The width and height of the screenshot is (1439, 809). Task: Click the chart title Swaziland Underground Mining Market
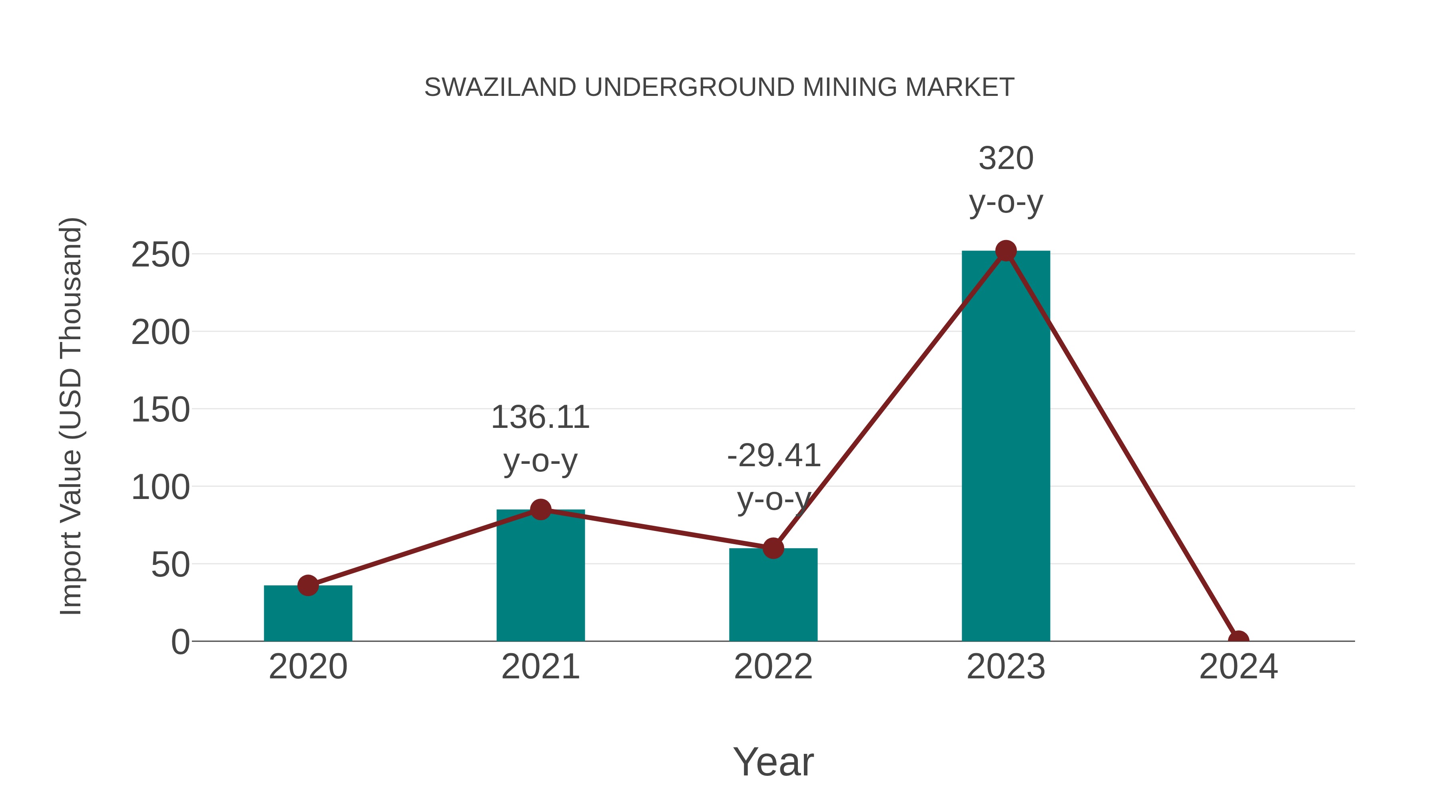pyautogui.click(x=719, y=87)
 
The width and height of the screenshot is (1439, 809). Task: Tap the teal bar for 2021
pyautogui.click(x=540, y=580)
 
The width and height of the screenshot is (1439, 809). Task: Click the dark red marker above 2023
pyautogui.click(x=1006, y=251)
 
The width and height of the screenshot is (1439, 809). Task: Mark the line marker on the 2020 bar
pyautogui.click(x=308, y=585)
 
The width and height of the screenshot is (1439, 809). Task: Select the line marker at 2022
pyautogui.click(x=773, y=548)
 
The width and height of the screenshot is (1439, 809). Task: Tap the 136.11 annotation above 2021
pyautogui.click(x=540, y=417)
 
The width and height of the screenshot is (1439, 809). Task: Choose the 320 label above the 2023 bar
pyautogui.click(x=1006, y=159)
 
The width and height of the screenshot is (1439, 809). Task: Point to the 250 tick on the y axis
pyautogui.click(x=160, y=255)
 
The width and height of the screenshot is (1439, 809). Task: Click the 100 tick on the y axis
pyautogui.click(x=160, y=487)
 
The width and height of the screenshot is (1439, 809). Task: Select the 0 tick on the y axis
pyautogui.click(x=180, y=642)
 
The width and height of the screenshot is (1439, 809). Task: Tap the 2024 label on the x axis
pyautogui.click(x=1238, y=667)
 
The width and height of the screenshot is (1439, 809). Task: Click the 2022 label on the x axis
pyautogui.click(x=773, y=667)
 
